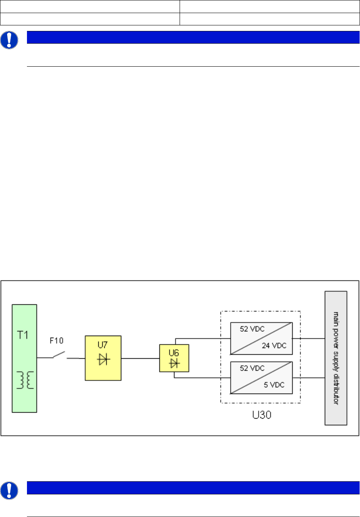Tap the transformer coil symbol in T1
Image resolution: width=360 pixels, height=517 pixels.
[24, 380]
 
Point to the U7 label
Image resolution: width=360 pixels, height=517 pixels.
[102, 345]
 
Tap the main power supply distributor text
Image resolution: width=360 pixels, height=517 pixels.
[335, 358]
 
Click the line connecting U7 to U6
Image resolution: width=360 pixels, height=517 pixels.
[140, 358]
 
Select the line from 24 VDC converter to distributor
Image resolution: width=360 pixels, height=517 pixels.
[312, 338]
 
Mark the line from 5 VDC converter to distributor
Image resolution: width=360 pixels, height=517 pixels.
[312, 378]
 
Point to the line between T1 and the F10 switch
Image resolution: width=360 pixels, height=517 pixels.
[45, 357]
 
